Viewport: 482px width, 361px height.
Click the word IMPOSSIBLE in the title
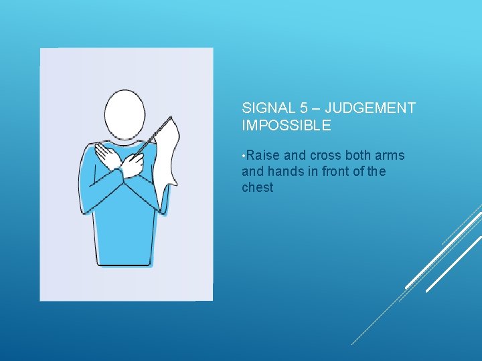coord(286,125)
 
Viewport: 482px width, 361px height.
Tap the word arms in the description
coord(391,156)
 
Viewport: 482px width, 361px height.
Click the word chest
coord(258,188)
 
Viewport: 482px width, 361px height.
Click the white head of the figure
coord(125,116)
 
